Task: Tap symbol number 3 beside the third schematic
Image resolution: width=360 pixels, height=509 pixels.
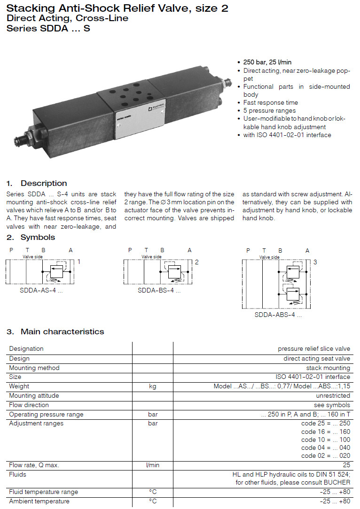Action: click(x=315, y=262)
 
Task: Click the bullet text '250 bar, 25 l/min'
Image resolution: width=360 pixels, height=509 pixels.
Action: click(x=267, y=62)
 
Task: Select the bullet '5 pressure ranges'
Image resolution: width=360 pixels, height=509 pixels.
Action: click(x=270, y=111)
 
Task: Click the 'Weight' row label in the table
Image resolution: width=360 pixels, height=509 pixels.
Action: click(x=19, y=386)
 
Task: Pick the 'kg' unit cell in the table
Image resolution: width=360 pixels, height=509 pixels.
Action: click(x=152, y=386)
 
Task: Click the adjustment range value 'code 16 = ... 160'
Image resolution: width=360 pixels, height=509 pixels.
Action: click(x=326, y=432)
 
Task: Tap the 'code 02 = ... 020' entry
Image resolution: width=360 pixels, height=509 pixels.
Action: click(x=326, y=456)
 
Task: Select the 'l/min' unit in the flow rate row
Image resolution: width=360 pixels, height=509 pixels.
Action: click(x=152, y=465)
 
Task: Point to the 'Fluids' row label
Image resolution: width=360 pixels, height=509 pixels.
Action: click(x=17, y=474)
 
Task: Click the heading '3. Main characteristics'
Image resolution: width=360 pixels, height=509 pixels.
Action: click(x=55, y=332)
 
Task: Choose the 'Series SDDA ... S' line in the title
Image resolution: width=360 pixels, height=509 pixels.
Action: click(x=48, y=28)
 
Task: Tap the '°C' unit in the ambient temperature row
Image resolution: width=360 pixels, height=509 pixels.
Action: click(x=152, y=501)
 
